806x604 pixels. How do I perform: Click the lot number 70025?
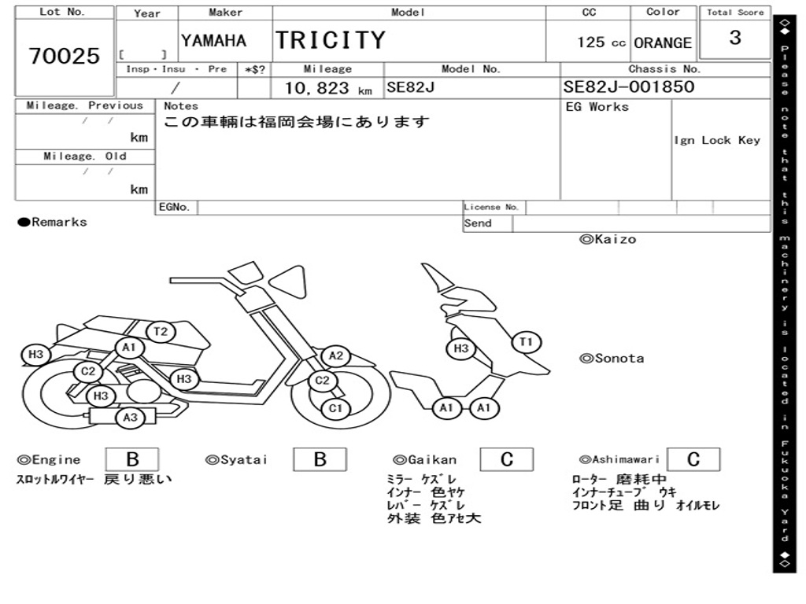tap(65, 56)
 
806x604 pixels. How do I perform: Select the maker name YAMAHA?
tap(213, 41)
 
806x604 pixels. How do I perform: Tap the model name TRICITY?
tap(331, 40)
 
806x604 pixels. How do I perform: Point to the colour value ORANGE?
tap(663, 43)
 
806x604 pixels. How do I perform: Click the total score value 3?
tap(734, 38)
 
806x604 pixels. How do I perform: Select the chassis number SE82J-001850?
tap(629, 87)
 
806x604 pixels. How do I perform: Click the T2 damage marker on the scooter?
tap(161, 331)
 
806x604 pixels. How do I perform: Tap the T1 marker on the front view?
tap(527, 341)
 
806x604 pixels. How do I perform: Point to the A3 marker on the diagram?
tap(130, 418)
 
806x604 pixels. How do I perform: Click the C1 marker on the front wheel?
tap(336, 408)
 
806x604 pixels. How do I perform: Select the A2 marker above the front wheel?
tap(336, 356)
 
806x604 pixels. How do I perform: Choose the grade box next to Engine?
tap(132, 459)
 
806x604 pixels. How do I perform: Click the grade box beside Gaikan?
tap(506, 459)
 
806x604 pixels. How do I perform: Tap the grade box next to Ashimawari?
tap(693, 459)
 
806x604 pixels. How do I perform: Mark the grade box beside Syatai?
tap(320, 459)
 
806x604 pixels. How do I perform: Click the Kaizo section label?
tap(608, 239)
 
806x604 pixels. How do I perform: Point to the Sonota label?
tap(612, 359)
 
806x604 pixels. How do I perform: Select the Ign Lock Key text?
tap(717, 141)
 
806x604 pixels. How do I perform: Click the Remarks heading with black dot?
tap(53, 223)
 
